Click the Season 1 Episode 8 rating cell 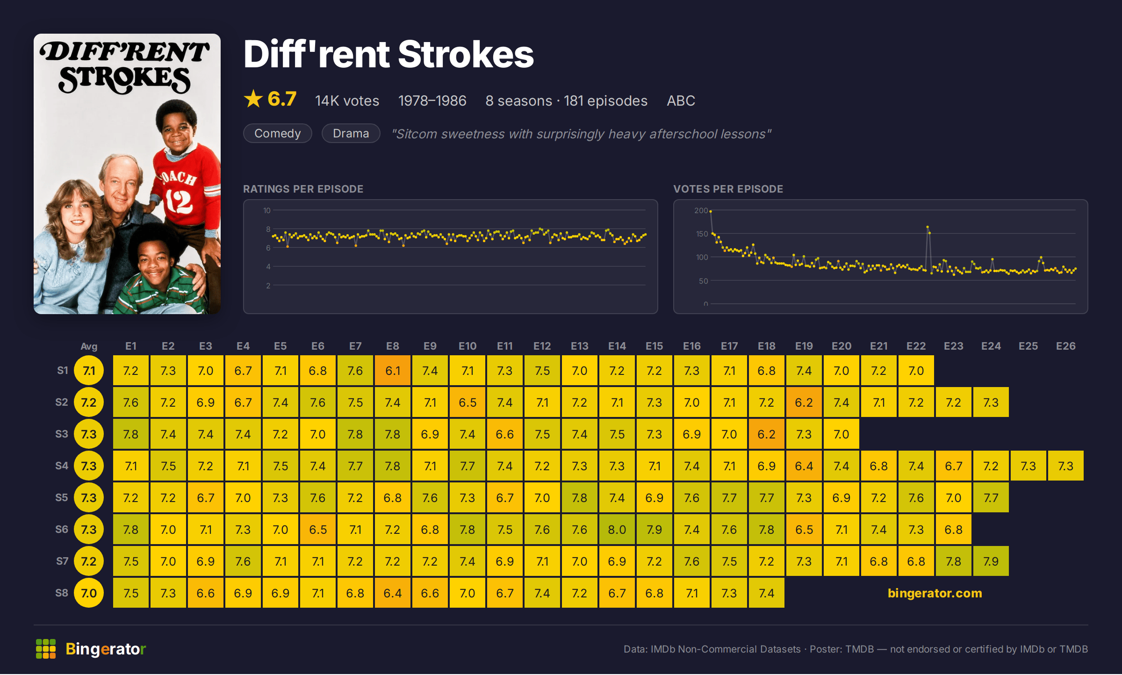pos(393,371)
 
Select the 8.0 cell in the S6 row pos(617,530)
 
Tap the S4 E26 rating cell pos(1066,466)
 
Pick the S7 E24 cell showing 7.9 pos(991,561)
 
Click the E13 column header pos(580,346)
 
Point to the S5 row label pos(62,497)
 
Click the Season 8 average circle pos(89,593)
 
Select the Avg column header pos(89,346)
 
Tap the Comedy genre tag pos(278,134)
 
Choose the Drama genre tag pos(351,134)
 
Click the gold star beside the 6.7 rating pos(253,99)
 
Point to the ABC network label pos(681,101)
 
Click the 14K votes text pos(347,101)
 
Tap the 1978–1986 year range pos(432,101)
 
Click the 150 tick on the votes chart pos(702,234)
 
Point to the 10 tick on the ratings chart pos(267,210)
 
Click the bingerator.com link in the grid pos(935,593)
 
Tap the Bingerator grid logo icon pos(46,649)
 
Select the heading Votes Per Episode pos(728,189)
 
